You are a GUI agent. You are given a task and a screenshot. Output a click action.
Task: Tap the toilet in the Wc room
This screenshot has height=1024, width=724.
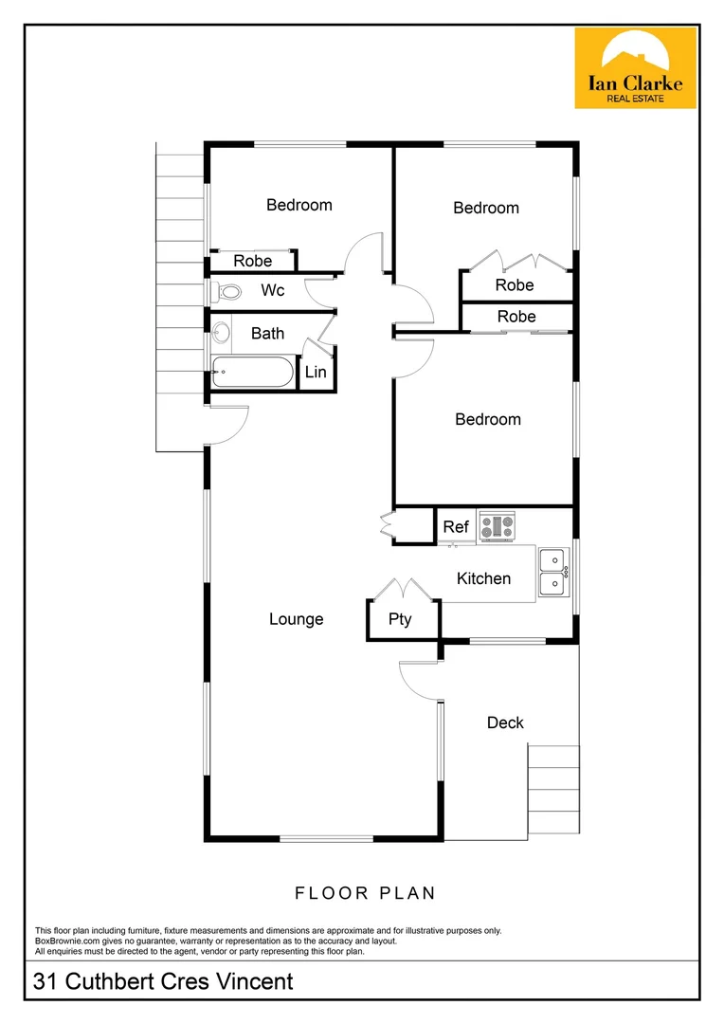coord(218,291)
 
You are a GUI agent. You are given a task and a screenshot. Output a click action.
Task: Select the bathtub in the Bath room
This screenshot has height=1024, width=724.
coord(252,373)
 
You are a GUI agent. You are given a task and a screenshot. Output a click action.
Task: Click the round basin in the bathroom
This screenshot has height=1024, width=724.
coord(223,333)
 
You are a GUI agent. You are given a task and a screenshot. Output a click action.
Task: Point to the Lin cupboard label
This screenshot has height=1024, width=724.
coord(316,372)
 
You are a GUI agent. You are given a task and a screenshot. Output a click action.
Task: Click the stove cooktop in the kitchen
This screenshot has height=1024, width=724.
coord(497,525)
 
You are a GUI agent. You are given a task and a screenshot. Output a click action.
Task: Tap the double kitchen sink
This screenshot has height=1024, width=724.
coord(552,572)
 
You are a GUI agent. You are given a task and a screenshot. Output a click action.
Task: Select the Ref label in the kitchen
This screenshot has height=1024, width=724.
coord(456,526)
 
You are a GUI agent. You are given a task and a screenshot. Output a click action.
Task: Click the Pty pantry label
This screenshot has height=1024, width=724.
coord(400,620)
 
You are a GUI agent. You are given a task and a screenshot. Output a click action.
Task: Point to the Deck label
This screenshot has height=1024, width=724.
coord(505,722)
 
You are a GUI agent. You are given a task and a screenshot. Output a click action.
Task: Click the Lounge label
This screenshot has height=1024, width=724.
coord(296,619)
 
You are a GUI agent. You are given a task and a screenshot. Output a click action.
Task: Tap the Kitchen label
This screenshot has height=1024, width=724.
coord(483,578)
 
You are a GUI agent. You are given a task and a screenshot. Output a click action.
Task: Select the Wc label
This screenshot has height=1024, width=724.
coord(273,290)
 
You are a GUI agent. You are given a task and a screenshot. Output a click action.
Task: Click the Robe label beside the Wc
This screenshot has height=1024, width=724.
coord(252,261)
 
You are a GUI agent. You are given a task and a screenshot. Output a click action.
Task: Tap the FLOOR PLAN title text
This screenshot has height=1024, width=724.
coord(365,892)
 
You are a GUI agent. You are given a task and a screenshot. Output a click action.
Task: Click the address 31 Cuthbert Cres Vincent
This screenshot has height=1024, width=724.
coord(164,981)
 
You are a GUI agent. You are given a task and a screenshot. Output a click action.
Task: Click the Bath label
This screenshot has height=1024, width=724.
coord(268,333)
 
